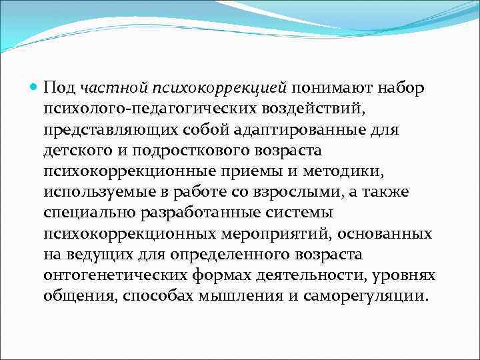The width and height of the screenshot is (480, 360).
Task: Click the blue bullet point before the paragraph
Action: pyautogui.click(x=34, y=87)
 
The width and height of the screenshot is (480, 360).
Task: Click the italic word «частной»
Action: pyautogui.click(x=106, y=88)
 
